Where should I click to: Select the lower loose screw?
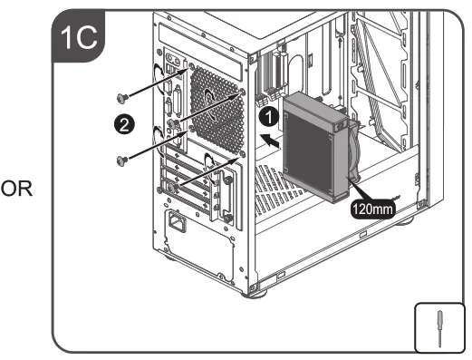click(121, 161)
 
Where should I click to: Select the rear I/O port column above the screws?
click(172, 77)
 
